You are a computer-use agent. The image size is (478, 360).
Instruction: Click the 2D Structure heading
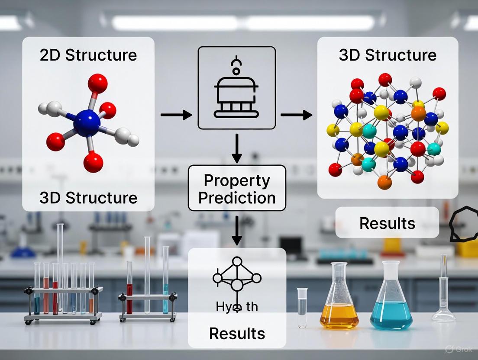[x=88, y=55]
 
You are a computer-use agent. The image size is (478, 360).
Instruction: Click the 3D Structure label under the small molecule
[x=88, y=197]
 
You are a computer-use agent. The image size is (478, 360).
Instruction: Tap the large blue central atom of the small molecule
[x=87, y=123]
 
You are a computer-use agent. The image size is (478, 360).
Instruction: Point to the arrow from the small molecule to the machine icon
[x=176, y=115]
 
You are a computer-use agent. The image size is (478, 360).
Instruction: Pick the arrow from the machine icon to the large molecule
[x=296, y=115]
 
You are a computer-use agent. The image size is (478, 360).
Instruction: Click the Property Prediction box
[x=237, y=189]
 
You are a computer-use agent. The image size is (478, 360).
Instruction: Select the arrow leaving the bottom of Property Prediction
[x=236, y=229]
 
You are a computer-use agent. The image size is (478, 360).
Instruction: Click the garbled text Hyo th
[x=236, y=307]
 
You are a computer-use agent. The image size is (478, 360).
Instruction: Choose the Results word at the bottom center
[x=237, y=333]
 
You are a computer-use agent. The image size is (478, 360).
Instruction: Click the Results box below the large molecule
[x=387, y=223]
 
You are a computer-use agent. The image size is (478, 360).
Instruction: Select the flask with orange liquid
[x=339, y=303]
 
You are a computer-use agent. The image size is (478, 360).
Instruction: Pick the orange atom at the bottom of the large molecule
[x=384, y=182]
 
